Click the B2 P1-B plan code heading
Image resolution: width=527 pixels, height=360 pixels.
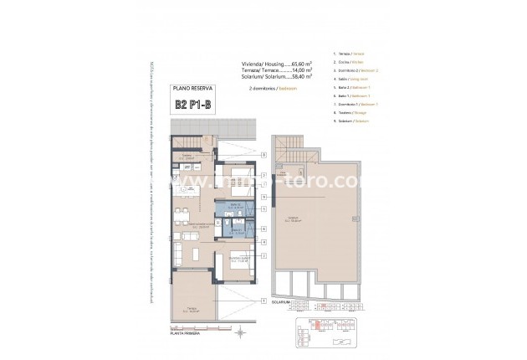point(194,104)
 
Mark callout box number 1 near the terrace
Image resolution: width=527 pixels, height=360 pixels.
point(263,301)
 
